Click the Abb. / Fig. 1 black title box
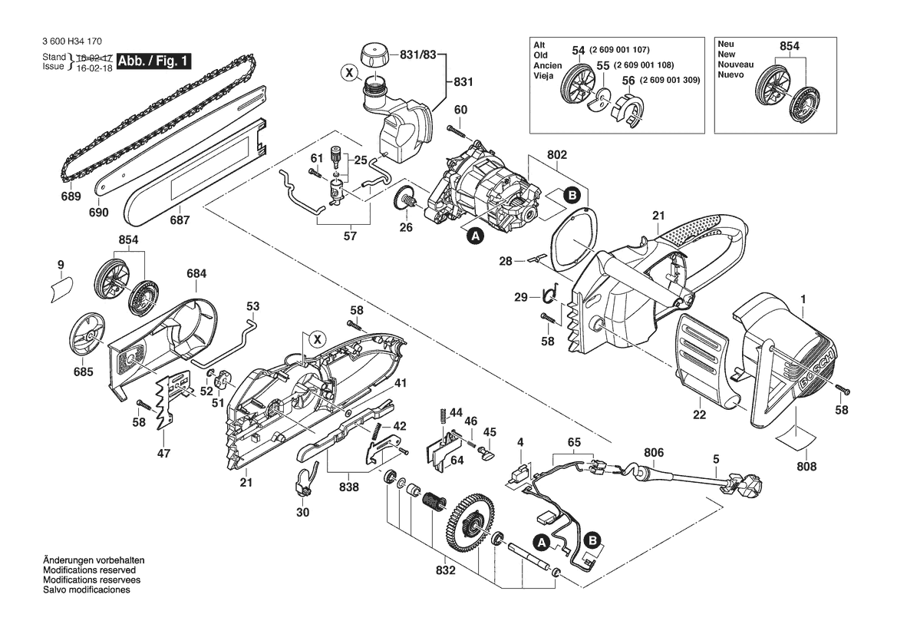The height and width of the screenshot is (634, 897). point(154,61)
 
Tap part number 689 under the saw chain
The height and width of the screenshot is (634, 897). point(71,196)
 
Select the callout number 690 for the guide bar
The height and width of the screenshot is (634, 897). point(98,213)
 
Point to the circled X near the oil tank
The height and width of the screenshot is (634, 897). point(348,73)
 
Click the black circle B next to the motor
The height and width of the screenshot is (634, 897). point(572,196)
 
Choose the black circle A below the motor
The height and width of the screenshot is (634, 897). point(476,234)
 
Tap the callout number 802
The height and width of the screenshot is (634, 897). point(556,154)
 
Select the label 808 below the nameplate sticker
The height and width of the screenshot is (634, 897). point(806,467)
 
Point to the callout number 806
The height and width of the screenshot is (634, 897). point(653,453)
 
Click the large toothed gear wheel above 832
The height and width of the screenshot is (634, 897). point(468,520)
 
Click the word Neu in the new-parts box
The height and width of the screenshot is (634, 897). point(727,44)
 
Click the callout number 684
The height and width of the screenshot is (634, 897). point(196,273)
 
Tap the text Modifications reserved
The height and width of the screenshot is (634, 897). point(89,570)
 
